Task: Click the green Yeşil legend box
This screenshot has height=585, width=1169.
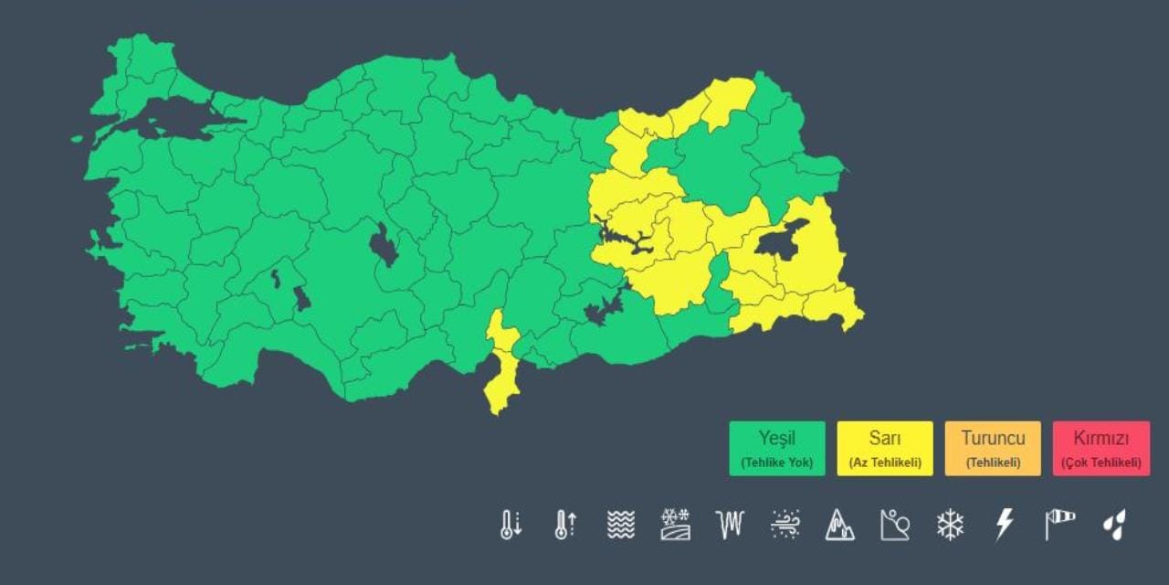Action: [x=776, y=448]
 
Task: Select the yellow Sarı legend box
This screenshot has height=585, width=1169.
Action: [x=884, y=448]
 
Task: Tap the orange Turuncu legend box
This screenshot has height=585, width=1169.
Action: [x=992, y=448]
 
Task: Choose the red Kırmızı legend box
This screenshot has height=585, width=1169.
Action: [x=1101, y=448]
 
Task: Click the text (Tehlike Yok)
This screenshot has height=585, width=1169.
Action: [x=776, y=463]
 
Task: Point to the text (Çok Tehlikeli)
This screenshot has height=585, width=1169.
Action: [x=1101, y=463]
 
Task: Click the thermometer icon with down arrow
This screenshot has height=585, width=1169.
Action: [x=511, y=525]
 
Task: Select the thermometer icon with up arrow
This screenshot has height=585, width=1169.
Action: [x=565, y=525]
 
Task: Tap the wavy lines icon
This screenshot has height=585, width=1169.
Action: [x=620, y=525]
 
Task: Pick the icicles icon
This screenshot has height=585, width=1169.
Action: [x=730, y=525]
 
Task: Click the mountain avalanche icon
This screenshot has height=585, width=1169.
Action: [x=839, y=525]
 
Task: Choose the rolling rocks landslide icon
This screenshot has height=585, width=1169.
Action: [x=895, y=525]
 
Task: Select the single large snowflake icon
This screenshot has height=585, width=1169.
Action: [x=950, y=525]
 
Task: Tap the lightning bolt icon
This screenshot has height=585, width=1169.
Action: [x=1005, y=525]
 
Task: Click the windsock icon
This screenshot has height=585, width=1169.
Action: [x=1059, y=525]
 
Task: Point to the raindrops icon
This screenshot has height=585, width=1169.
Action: [x=1114, y=525]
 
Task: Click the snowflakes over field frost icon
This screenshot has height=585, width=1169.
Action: [x=675, y=525]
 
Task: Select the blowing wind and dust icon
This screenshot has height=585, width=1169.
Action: [x=785, y=525]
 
